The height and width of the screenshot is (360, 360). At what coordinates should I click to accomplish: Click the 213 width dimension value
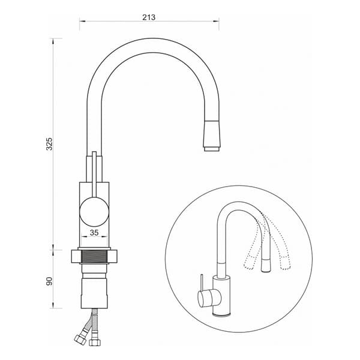click(x=149, y=17)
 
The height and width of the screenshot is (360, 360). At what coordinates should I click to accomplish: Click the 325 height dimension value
click(x=49, y=144)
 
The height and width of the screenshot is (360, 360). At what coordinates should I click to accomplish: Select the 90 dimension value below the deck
click(x=49, y=281)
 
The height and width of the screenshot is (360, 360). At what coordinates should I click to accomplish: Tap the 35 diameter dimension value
click(x=94, y=233)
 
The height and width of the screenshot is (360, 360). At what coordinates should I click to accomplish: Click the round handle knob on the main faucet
click(x=94, y=211)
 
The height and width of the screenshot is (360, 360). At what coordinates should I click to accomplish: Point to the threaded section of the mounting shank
click(x=94, y=256)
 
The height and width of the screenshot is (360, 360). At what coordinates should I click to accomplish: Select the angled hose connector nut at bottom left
click(x=80, y=339)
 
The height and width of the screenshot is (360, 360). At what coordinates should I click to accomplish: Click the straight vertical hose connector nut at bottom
click(x=95, y=342)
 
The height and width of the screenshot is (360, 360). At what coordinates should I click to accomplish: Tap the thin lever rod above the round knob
click(x=94, y=174)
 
